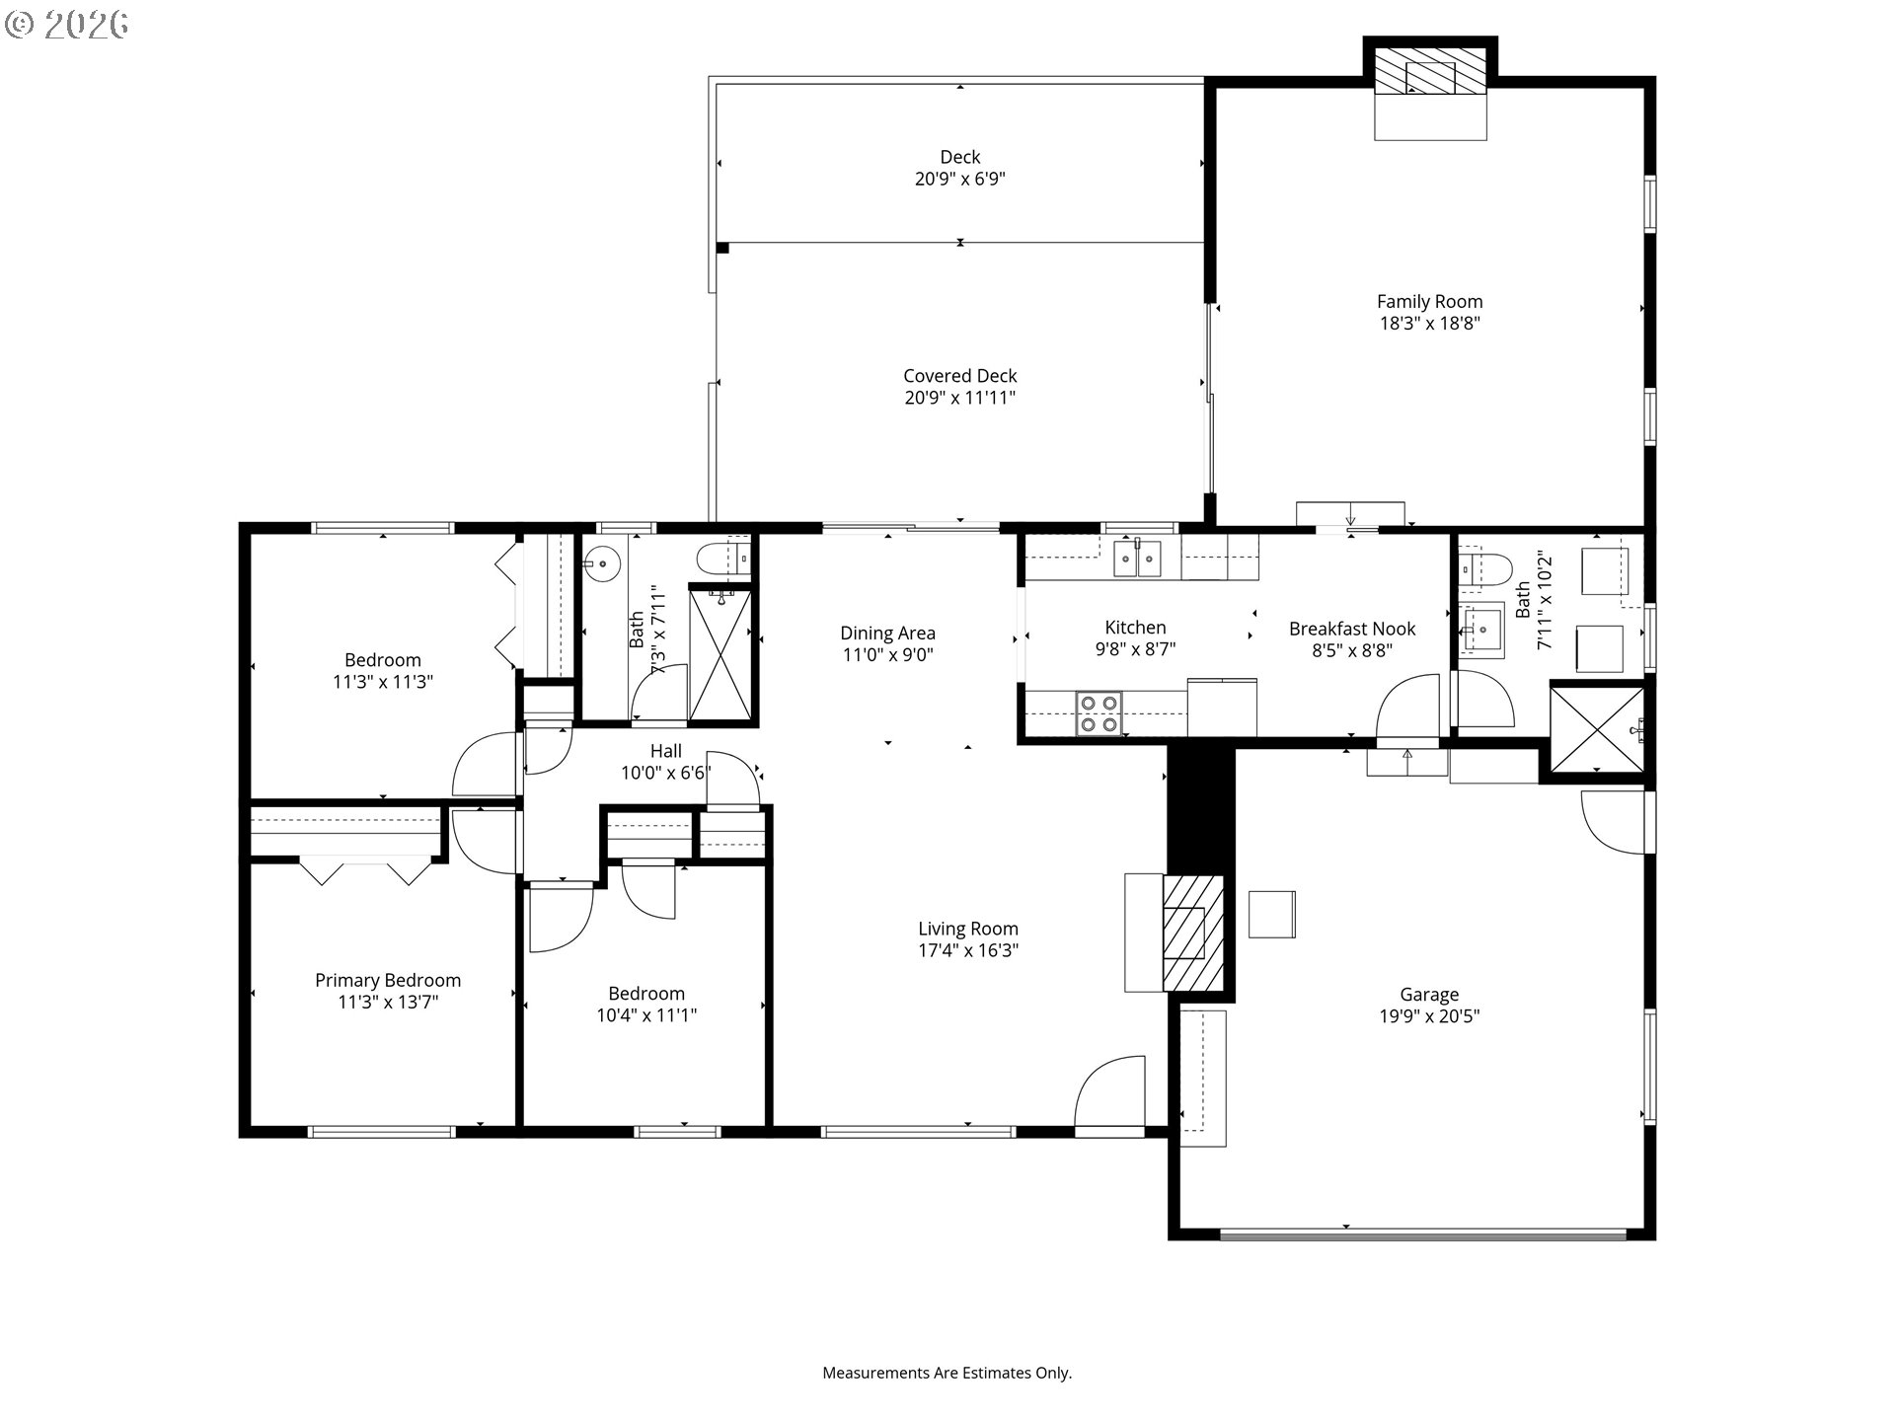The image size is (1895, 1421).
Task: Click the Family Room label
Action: coord(1429,302)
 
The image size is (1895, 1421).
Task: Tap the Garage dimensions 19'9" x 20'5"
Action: coord(1429,1016)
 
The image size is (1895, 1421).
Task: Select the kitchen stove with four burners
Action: coord(1099,713)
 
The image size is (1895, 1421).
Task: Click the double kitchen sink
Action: coord(1138,560)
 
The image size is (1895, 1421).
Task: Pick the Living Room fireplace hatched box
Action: coord(1193,933)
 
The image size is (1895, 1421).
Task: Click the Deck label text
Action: coord(959,157)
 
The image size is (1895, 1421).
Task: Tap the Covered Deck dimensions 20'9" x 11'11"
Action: coord(959,398)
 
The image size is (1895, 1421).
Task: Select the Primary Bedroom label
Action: coord(388,980)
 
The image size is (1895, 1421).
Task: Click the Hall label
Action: coord(665,751)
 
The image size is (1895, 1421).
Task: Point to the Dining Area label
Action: coord(887,634)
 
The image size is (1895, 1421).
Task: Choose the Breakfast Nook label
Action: coord(1352,629)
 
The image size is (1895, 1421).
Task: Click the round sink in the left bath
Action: coord(601,565)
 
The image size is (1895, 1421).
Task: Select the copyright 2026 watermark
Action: coord(66,25)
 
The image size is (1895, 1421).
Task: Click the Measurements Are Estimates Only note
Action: coord(947,1373)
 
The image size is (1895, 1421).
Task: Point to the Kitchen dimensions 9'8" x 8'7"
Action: coord(1135,649)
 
